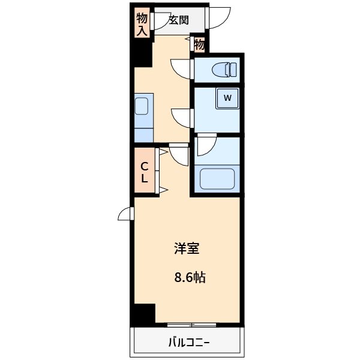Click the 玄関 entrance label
point(178,20)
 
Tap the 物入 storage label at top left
point(142,23)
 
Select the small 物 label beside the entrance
point(200,44)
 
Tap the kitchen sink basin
point(142,106)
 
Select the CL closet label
point(145,172)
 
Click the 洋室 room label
point(187,248)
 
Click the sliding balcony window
point(191,325)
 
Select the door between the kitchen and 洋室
point(179,154)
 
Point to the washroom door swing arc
point(182,116)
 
